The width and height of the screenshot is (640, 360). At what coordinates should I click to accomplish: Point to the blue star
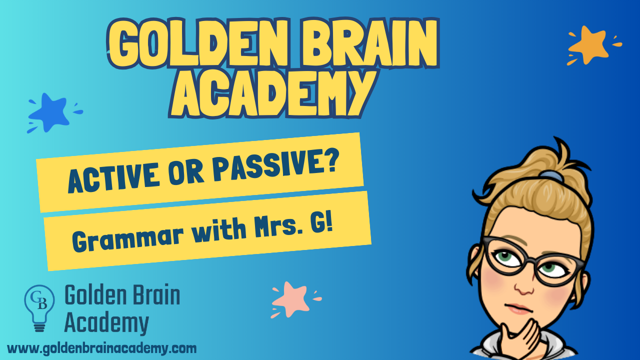(x=50, y=112)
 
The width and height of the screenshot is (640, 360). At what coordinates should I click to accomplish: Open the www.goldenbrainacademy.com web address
(x=102, y=348)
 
